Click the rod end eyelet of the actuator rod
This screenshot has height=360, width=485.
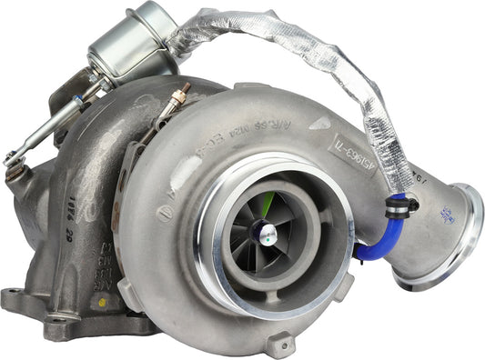[13, 162]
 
